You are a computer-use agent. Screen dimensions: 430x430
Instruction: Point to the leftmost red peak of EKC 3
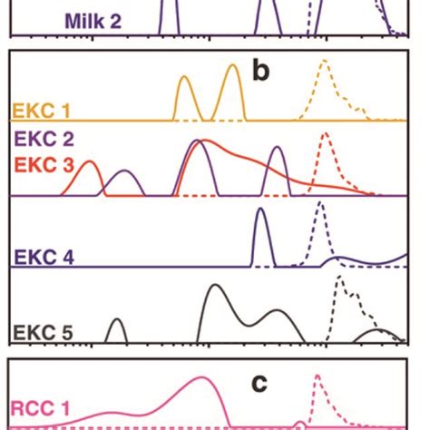90,163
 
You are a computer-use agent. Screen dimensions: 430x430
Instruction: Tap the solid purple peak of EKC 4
261,211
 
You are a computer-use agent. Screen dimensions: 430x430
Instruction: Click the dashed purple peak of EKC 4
319,204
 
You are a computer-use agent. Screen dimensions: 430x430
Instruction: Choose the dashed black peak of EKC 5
341,280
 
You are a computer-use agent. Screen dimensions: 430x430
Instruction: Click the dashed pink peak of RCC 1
318,376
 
